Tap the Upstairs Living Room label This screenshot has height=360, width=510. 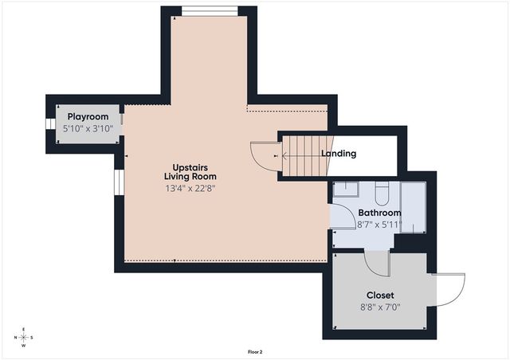click(x=190, y=171)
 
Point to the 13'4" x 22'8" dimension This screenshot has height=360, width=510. click(x=190, y=189)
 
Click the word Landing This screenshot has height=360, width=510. click(x=339, y=154)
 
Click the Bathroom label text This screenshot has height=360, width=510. click(x=379, y=213)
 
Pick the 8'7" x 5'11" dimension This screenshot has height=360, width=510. click(x=379, y=225)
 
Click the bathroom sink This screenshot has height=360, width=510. click(x=345, y=190)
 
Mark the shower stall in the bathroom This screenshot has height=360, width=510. click(x=413, y=207)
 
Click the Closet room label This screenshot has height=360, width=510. click(x=380, y=295)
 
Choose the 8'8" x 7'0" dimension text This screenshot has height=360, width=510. click(x=380, y=307)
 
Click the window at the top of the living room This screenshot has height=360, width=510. click(x=210, y=10)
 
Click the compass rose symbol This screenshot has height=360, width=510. click(x=23, y=337)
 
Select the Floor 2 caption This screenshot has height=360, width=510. click(x=255, y=351)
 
